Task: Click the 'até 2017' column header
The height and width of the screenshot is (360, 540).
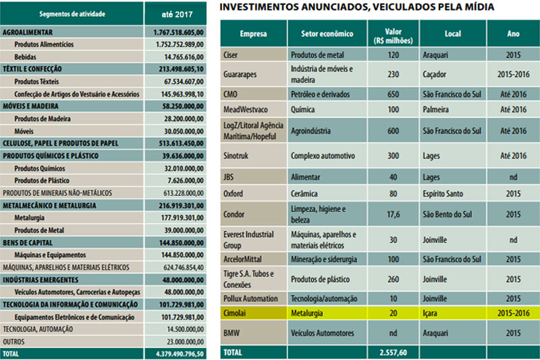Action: point(178,14)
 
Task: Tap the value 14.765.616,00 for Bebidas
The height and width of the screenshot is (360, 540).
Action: point(180,57)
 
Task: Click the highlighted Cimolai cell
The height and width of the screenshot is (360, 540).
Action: point(236,313)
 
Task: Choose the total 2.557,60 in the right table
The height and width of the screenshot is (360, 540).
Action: point(394,353)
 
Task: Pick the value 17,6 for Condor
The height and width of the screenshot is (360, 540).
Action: point(394,215)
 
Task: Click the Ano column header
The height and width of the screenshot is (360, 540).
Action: point(513,33)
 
